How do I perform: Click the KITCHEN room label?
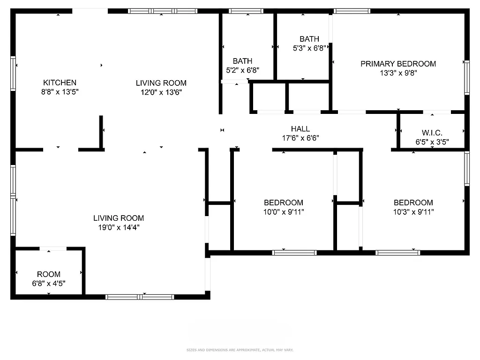(60, 82)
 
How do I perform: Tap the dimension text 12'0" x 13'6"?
(161, 92)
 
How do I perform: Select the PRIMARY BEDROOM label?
(398, 64)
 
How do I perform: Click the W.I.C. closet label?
(432, 133)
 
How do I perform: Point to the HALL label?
(300, 129)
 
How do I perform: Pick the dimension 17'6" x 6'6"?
(300, 138)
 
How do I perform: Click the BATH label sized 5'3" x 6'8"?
(309, 39)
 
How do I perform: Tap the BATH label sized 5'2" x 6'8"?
(242, 61)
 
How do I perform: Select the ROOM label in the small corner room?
(49, 274)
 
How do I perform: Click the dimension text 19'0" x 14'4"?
(119, 227)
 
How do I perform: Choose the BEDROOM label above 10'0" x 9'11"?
(283, 202)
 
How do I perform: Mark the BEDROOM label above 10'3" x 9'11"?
(413, 202)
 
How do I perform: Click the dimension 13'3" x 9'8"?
(398, 73)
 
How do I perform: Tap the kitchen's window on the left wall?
(14, 73)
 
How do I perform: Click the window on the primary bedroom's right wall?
(466, 77)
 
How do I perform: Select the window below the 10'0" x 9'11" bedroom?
(294, 253)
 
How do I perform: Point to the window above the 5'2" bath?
(246, 11)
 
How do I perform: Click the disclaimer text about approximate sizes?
(240, 350)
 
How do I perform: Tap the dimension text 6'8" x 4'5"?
(49, 284)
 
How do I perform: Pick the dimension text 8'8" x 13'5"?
(60, 92)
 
